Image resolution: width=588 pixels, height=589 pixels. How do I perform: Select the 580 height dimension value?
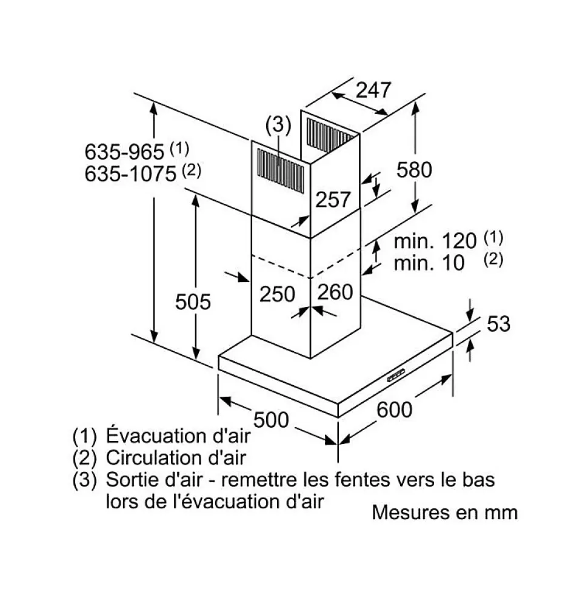[x=414, y=170]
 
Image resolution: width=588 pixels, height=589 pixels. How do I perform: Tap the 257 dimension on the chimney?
[x=333, y=199]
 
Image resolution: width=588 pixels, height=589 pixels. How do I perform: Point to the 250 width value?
[x=277, y=294]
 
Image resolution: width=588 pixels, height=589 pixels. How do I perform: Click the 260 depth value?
[x=335, y=292]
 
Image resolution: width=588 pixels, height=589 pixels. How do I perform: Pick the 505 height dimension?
[x=193, y=301]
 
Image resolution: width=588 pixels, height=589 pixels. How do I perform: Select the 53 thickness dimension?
[x=499, y=324]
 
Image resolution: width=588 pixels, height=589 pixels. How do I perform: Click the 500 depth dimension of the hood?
[x=270, y=419]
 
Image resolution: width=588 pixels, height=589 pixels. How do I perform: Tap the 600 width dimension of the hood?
[x=394, y=409]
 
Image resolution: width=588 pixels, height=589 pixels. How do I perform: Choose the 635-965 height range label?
[x=124, y=152]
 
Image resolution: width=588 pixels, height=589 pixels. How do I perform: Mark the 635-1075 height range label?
[x=130, y=175]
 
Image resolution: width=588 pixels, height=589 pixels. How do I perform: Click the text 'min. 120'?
[x=435, y=241]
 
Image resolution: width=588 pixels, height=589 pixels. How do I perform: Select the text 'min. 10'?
[x=429, y=263]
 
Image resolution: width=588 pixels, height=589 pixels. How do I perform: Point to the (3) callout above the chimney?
[x=278, y=125]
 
